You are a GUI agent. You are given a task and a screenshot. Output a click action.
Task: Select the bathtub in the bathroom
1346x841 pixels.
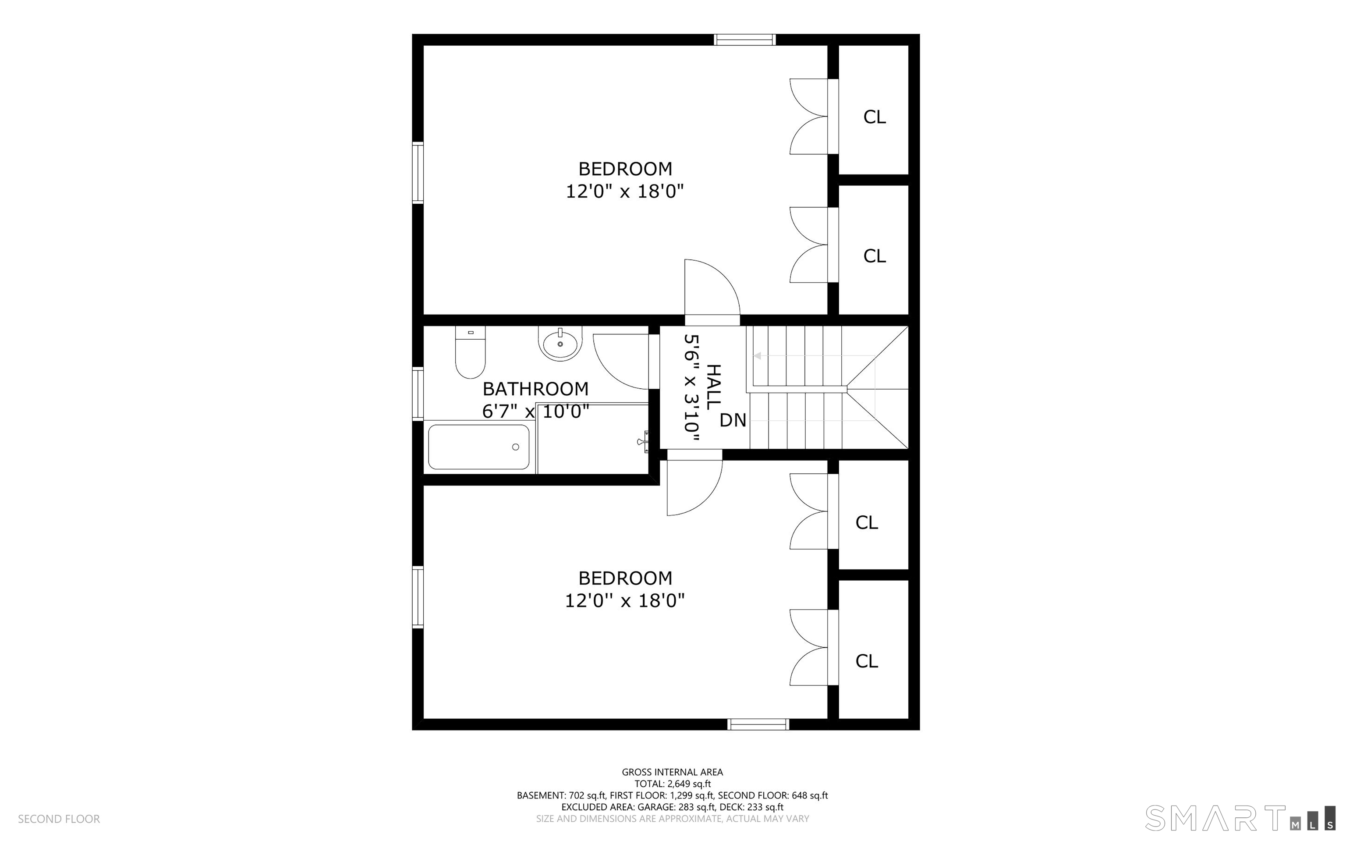(x=479, y=447)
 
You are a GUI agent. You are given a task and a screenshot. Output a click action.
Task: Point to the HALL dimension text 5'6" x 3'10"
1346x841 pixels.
(x=691, y=388)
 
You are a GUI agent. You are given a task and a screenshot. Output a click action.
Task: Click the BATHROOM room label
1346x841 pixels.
(x=535, y=388)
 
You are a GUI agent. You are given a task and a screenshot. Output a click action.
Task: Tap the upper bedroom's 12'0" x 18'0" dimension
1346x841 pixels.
(x=625, y=192)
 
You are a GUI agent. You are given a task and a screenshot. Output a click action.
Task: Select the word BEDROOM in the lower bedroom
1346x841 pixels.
(x=626, y=578)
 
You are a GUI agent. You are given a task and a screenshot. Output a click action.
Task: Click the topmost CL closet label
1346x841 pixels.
(x=875, y=117)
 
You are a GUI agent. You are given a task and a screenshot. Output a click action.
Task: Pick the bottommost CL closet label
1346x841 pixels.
(x=867, y=661)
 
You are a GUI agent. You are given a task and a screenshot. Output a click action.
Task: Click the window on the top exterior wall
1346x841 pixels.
(x=744, y=39)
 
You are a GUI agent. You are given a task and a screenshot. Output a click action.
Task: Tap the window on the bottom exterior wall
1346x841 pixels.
(x=758, y=724)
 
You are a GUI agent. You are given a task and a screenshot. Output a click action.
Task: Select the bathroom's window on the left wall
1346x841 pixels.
(x=418, y=394)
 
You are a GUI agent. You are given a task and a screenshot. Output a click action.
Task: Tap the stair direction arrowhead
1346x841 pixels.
(x=757, y=356)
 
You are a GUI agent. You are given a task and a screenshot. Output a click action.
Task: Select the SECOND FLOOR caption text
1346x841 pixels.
(x=59, y=819)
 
